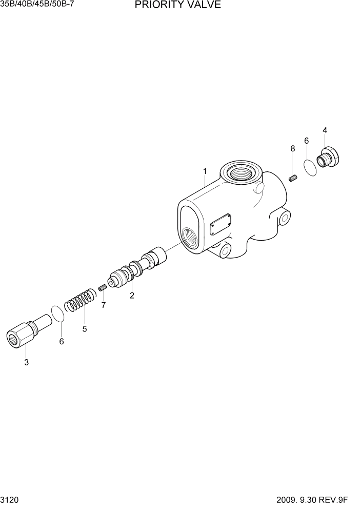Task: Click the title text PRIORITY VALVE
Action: tap(178, 6)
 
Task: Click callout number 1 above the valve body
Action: tap(205, 171)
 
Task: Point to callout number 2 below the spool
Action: tap(132, 296)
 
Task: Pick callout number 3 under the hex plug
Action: tap(26, 363)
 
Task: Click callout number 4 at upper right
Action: tap(325, 130)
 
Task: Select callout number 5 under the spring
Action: tap(85, 328)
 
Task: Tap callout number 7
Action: tap(103, 305)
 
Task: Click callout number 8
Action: tap(293, 148)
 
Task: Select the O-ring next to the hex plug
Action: tap(58, 314)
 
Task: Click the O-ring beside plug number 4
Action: tap(309, 168)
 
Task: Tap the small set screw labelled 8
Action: tap(293, 178)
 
